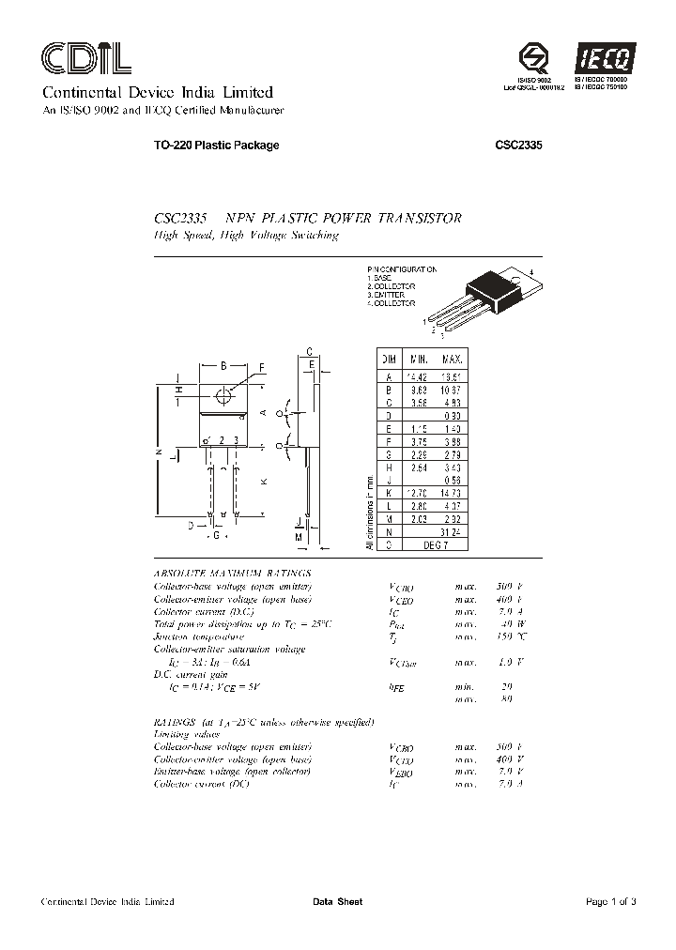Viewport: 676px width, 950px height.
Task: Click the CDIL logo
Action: click(x=85, y=60)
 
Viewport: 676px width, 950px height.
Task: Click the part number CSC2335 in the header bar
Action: click(x=519, y=146)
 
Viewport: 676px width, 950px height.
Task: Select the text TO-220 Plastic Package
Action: click(x=203, y=146)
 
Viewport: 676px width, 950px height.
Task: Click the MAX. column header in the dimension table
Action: click(x=453, y=360)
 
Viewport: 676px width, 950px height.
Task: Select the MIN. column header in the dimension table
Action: click(x=418, y=360)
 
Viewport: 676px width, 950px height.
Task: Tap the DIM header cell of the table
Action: click(x=388, y=360)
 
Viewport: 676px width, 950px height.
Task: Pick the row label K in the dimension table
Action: click(x=388, y=492)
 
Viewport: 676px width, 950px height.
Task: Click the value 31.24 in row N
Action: click(x=453, y=531)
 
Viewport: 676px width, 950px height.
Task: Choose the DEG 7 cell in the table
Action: click(x=436, y=544)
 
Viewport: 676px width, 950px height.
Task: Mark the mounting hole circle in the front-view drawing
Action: click(x=223, y=396)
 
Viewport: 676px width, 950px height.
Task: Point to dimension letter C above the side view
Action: click(x=309, y=350)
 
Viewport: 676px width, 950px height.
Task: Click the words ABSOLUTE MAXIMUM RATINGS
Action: click(x=232, y=572)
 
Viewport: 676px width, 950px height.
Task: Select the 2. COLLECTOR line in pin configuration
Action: click(x=392, y=286)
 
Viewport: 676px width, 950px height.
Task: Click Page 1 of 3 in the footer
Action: click(x=610, y=902)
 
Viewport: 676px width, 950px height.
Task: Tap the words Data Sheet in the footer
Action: click(x=337, y=902)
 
